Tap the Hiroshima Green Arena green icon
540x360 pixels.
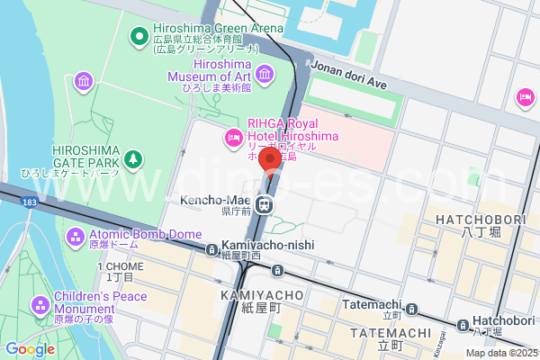(139, 36)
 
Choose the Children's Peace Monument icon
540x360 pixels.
(40, 306)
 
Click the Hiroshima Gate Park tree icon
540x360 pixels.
(133, 159)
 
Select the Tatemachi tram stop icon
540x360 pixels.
(411, 310)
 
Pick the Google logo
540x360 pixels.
(30, 349)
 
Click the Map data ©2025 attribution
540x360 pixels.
(500, 353)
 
